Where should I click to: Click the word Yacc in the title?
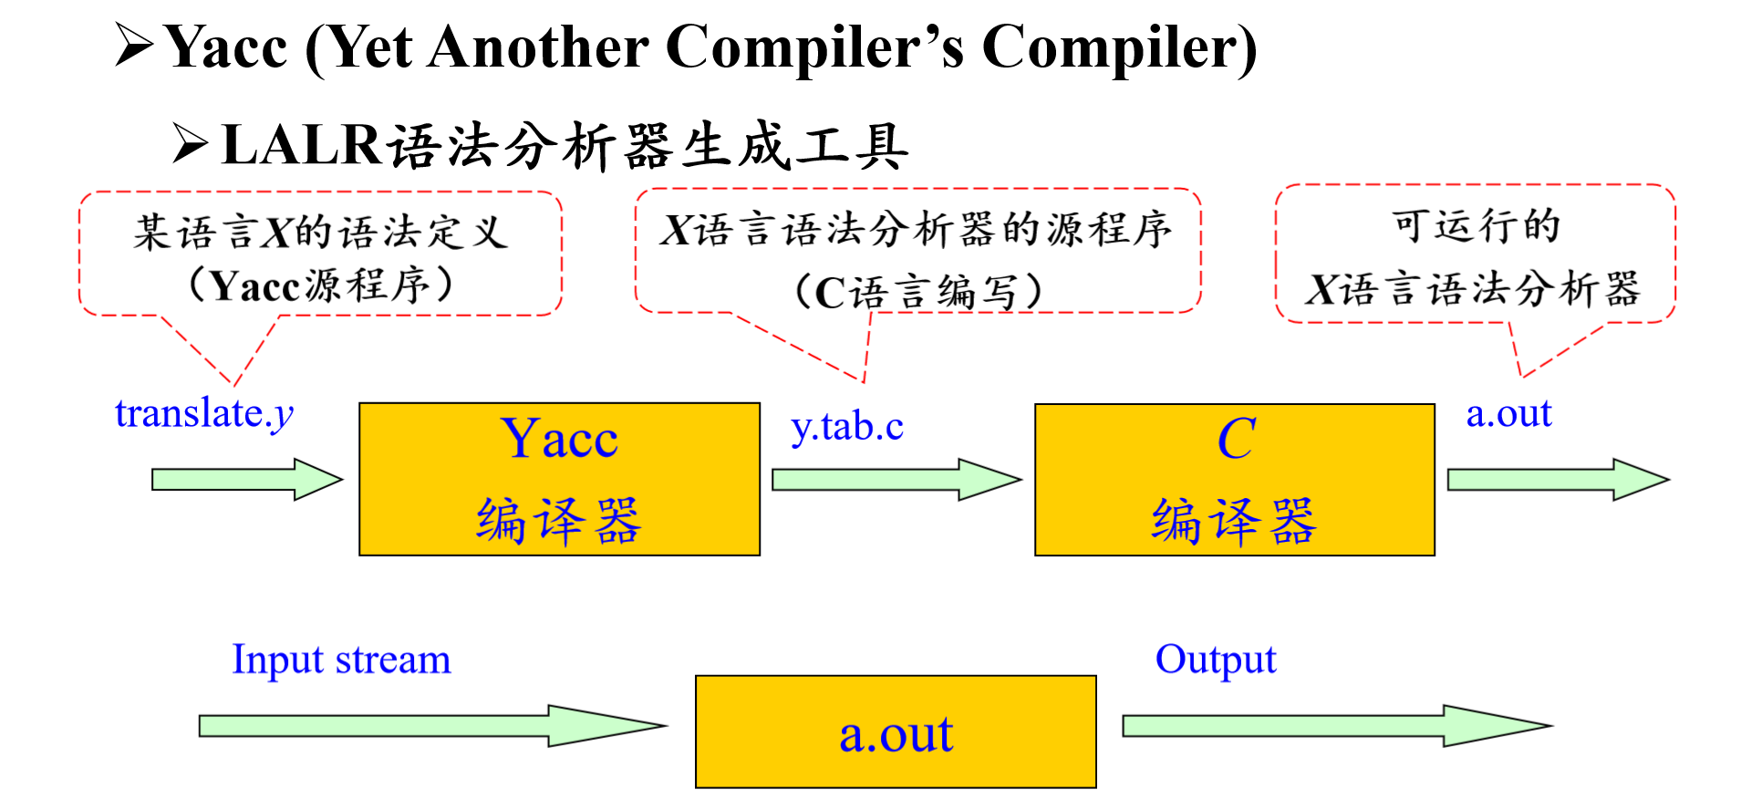(x=227, y=47)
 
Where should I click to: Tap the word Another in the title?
(x=537, y=47)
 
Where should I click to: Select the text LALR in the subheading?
(x=301, y=146)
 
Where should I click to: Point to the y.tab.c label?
(x=847, y=427)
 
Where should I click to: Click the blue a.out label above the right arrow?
(x=1508, y=413)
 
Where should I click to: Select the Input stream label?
(x=341, y=660)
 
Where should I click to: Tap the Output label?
(x=1215, y=660)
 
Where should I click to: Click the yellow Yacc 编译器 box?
(x=559, y=479)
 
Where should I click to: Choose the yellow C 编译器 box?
(x=1234, y=479)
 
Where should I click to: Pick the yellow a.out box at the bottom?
(x=896, y=732)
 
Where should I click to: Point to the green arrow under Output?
(x=1335, y=725)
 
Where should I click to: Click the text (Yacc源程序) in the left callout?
(x=320, y=286)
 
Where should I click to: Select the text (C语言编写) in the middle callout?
(x=917, y=292)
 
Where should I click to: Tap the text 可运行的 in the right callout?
(x=1476, y=225)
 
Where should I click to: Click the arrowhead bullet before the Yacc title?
(x=135, y=46)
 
